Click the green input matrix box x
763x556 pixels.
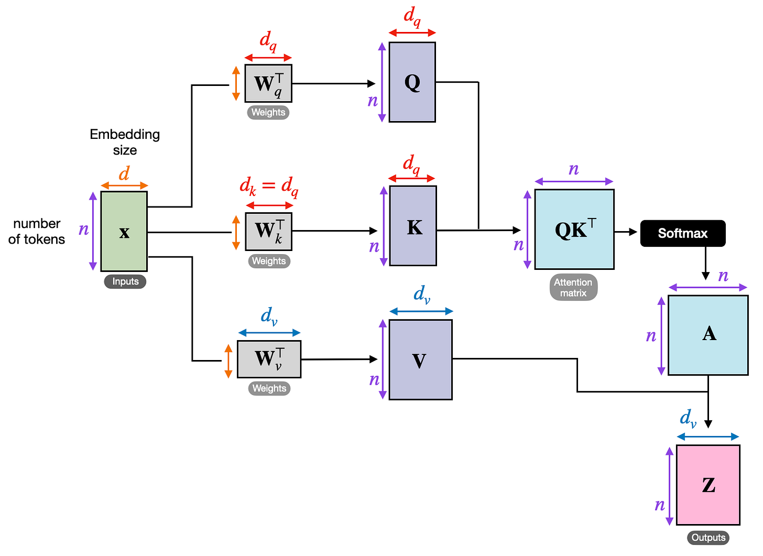coord(124,231)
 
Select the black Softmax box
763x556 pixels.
coord(682,233)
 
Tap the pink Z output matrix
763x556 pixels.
coord(708,485)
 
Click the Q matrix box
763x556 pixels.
coord(412,82)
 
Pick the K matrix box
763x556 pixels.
coord(413,226)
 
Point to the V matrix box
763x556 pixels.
coord(420,359)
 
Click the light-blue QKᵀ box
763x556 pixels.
coord(574,230)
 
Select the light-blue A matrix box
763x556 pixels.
coord(708,335)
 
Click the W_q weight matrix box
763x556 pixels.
coord(268,83)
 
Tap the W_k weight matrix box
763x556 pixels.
coord(269,231)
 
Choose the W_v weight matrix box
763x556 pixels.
coord(269,359)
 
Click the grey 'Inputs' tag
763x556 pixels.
coord(125,281)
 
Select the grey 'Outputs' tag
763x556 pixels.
coord(708,538)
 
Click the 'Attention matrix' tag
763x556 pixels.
coord(573,287)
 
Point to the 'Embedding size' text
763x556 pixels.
coord(125,142)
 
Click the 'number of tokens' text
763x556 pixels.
coord(37,231)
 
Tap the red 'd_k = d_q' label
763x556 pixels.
coord(269,186)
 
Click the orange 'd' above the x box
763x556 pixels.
coord(124,173)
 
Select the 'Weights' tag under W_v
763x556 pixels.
coord(269,388)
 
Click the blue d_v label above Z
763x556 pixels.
coord(688,418)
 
